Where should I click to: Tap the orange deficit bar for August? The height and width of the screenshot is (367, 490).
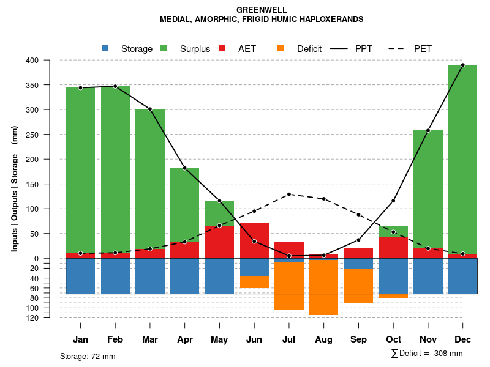[x=323, y=287]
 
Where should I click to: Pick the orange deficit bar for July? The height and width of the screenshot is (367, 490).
[x=289, y=285]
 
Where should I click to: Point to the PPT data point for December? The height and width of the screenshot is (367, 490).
[x=462, y=65]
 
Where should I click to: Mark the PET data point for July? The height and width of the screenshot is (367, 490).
[x=289, y=194]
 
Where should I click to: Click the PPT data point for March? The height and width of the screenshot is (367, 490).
[x=150, y=109]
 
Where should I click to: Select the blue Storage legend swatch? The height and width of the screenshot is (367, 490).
[x=105, y=48]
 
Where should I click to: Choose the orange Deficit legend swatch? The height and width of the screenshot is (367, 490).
[x=281, y=48]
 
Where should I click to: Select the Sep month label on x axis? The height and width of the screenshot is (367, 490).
[x=358, y=339]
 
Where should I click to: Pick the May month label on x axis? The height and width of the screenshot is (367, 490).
[x=219, y=339]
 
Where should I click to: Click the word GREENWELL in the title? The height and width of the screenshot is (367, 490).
[x=262, y=10]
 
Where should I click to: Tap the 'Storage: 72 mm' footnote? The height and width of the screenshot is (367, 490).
[x=88, y=356]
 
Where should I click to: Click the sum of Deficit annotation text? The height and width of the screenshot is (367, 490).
[x=427, y=353]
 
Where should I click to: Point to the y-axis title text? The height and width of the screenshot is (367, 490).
[x=15, y=188]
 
